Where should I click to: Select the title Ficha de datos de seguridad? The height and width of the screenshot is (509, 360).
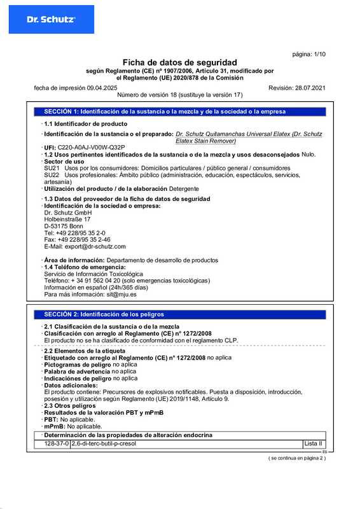point(179,62)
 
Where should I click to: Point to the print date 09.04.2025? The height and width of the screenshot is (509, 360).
point(102,87)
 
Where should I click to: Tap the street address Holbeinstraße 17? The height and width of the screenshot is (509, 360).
point(67,219)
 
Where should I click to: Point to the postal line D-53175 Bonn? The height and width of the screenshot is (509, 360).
point(64,226)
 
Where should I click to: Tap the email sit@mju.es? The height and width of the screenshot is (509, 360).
point(121,295)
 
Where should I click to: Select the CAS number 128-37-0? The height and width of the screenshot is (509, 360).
point(57,443)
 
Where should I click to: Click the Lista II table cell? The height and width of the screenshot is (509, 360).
point(314,443)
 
